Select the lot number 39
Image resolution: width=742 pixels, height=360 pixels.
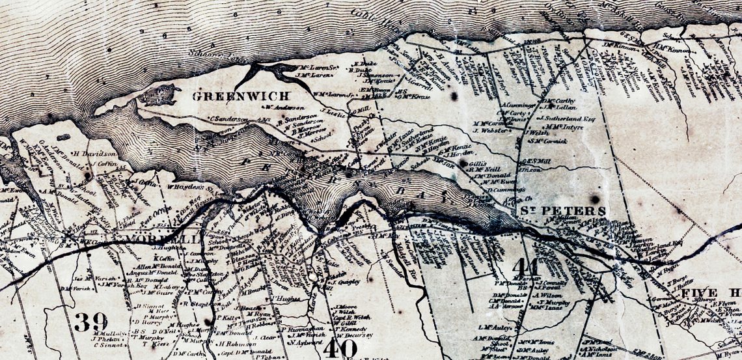click(x=90, y=322)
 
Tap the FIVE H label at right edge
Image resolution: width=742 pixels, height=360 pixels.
click(x=710, y=294)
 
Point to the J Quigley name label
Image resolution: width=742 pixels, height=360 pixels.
click(x=347, y=283)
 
